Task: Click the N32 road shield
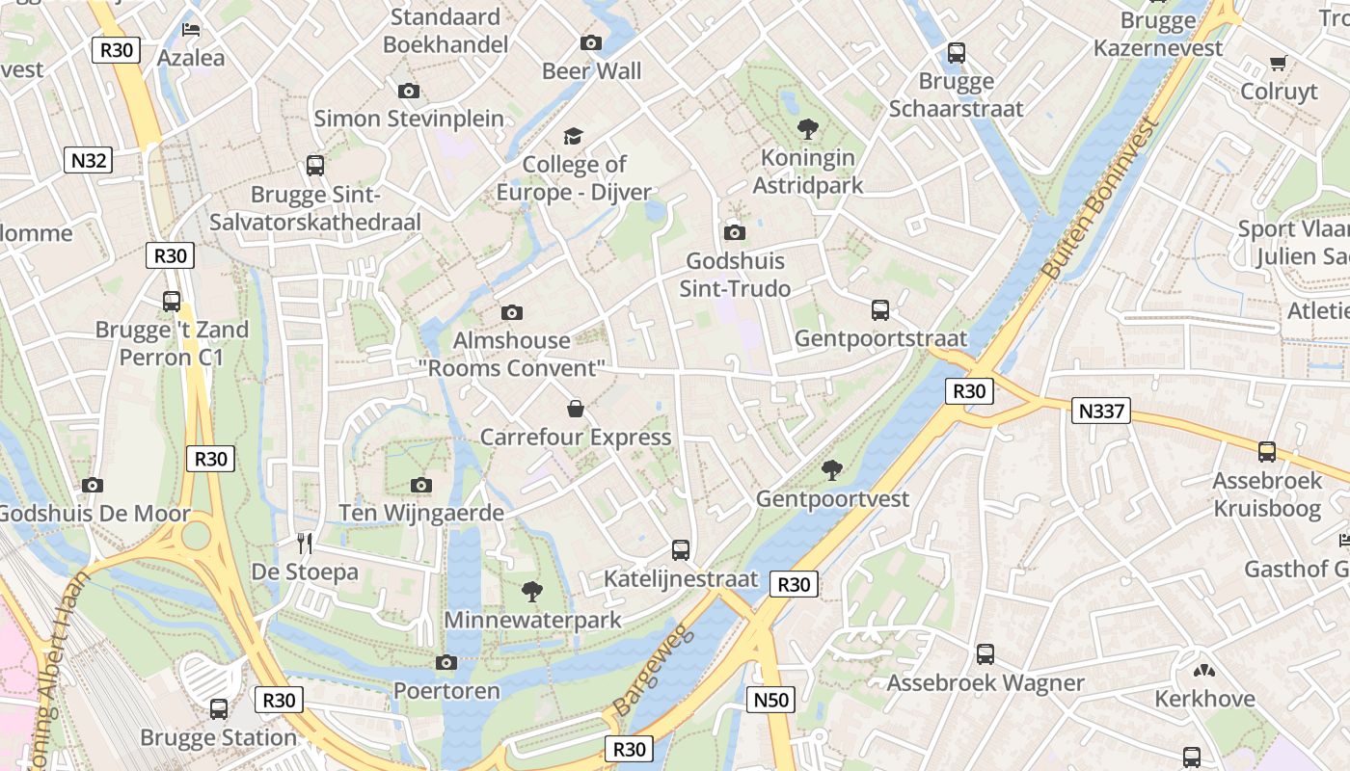pos(88,160)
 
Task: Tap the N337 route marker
pos(1100,411)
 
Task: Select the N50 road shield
pos(770,700)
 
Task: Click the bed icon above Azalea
pos(191,29)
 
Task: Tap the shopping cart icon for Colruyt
pos(1279,64)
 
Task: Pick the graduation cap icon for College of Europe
pos(574,136)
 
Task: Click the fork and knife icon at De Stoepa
pos(305,544)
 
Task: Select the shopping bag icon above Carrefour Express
pos(576,409)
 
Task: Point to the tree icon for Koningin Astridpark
pos(807,128)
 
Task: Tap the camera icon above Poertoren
pos(445,662)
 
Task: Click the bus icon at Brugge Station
pos(219,709)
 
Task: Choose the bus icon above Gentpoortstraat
pos(880,310)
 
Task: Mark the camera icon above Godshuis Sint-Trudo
pos(735,232)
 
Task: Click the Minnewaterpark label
pos(532,620)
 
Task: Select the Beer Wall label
pos(591,70)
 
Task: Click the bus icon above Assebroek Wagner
pos(985,654)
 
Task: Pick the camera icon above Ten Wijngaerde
pos(421,485)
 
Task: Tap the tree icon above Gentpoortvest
pos(831,470)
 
